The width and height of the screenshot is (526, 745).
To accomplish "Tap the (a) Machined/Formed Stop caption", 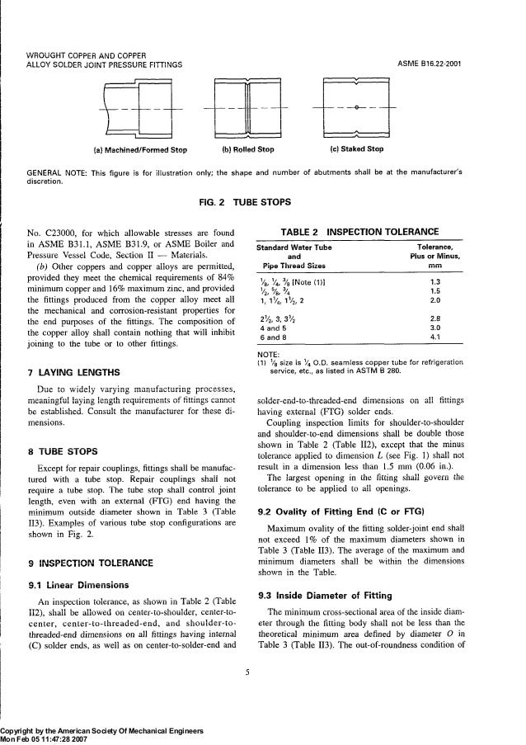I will pos(139,150).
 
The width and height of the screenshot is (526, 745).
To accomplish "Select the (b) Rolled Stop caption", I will pos(248,150).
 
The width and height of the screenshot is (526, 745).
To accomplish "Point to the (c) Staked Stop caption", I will pos(356,150).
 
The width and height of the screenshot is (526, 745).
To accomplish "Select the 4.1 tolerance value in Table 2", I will pos(449,337).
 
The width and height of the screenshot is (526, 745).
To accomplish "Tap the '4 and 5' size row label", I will pos(274,328).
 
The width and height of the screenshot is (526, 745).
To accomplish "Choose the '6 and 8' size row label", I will pos(274,337).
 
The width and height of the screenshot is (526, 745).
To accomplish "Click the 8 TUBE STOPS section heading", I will pos(63,451).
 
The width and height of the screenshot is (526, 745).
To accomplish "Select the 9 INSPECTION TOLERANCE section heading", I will pos(91,540).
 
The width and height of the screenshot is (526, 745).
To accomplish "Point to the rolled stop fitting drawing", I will pos(248,110).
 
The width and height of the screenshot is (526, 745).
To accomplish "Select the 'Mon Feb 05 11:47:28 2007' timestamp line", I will pos(49,738).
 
